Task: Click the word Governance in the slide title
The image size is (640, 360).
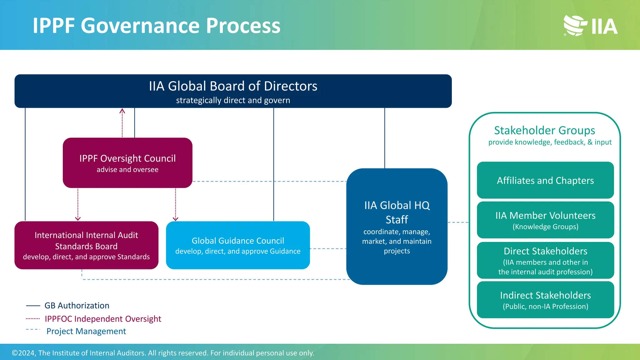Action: click(140, 26)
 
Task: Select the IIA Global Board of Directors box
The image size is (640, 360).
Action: click(233, 91)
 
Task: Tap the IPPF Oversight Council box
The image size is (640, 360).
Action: click(127, 163)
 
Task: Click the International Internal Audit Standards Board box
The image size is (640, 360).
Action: click(86, 245)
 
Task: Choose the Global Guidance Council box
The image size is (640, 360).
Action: click(238, 245)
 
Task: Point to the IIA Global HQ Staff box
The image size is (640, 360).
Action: click(397, 227)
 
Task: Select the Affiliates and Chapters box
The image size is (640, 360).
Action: click(545, 180)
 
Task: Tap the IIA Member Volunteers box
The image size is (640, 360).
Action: click(545, 220)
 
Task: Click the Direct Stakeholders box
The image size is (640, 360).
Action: click(545, 260)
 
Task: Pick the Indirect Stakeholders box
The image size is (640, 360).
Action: click(545, 300)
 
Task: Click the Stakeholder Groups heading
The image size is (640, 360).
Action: click(544, 130)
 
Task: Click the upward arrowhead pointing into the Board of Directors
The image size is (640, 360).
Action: click(122, 111)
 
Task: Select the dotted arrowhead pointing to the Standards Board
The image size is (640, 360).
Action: click(78, 218)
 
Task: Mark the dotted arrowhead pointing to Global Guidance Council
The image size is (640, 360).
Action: click(176, 218)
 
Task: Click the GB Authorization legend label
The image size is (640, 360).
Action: click(77, 305)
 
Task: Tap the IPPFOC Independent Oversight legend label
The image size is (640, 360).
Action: click(103, 319)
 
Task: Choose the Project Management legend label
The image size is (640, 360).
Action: click(86, 331)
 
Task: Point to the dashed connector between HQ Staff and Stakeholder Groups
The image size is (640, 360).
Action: click(458, 222)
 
